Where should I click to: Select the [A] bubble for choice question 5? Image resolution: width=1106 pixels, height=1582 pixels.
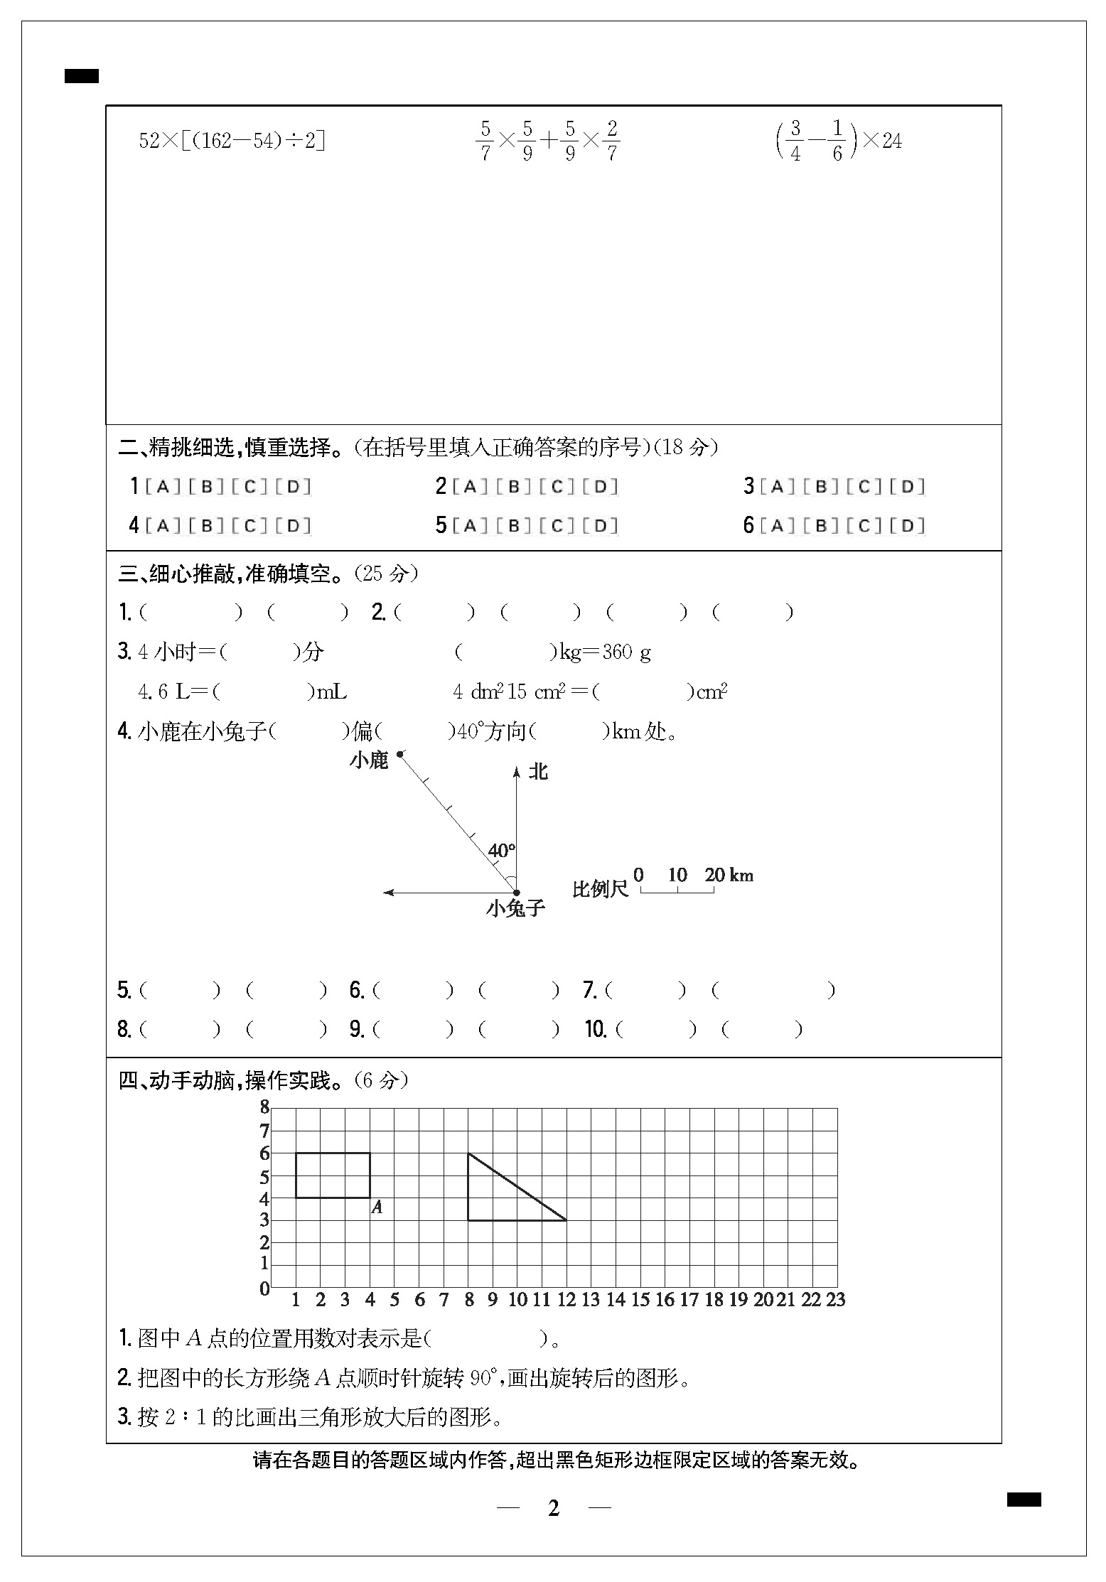[x=470, y=526]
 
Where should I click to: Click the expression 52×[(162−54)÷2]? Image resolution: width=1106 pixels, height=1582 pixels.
[x=232, y=141]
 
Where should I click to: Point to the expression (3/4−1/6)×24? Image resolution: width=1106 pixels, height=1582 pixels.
[x=838, y=141]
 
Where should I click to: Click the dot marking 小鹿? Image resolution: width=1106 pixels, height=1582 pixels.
[x=400, y=754]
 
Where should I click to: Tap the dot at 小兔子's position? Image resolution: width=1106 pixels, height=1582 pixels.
[x=517, y=893]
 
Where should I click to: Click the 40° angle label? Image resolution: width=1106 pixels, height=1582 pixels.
[x=501, y=851]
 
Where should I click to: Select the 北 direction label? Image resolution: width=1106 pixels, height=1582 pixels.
[x=538, y=772]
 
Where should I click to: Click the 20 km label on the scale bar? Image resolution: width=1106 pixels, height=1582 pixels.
[x=729, y=875]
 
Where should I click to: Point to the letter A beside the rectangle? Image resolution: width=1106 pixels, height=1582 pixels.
[x=377, y=1207]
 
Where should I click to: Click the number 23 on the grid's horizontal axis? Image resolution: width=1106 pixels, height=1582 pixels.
[x=835, y=1300]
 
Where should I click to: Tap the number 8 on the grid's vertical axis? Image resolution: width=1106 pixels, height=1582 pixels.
[x=265, y=1107]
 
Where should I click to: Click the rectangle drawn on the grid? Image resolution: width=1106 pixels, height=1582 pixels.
[x=333, y=1175]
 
